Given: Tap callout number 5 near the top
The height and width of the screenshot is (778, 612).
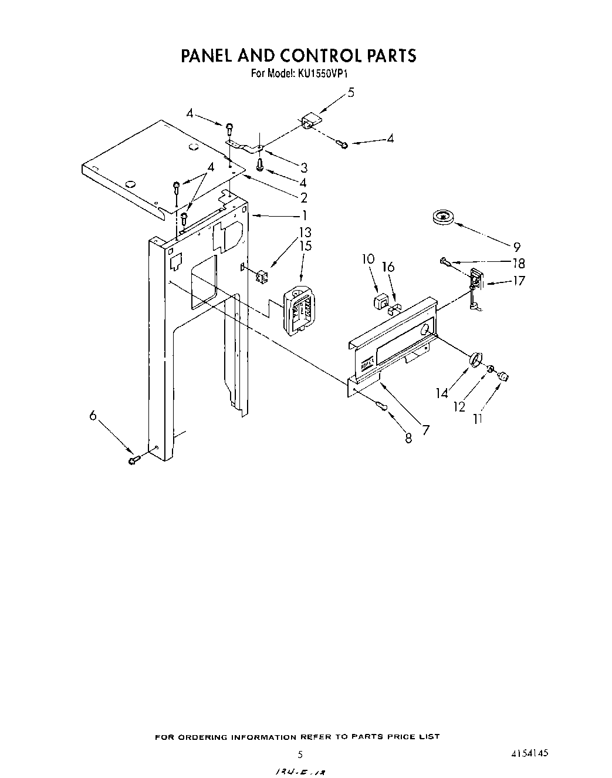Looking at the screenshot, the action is tap(351, 92).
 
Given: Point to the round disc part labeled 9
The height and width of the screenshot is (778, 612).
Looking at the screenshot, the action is tap(443, 217).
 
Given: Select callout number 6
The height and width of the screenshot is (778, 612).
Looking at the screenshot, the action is tap(93, 415).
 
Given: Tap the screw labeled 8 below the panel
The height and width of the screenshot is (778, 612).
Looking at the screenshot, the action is tap(383, 406).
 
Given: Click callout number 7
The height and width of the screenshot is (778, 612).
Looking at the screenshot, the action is tap(425, 430).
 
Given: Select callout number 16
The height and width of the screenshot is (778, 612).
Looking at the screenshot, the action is tap(388, 268).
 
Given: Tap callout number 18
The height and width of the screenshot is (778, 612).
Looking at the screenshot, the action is tap(518, 263).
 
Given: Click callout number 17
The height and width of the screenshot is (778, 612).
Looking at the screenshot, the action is tap(518, 281).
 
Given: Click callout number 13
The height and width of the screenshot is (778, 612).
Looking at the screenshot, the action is tap(305, 233).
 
